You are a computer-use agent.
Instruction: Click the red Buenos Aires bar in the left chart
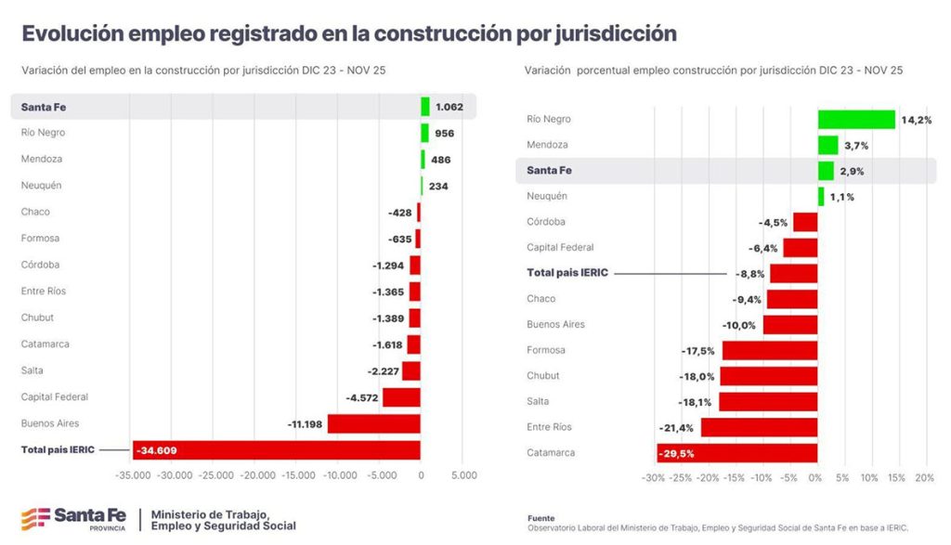click(x=373, y=423)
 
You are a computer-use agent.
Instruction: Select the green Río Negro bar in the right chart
click(x=856, y=119)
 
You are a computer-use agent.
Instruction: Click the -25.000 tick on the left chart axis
click(x=216, y=475)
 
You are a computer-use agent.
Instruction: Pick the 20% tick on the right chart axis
click(x=924, y=478)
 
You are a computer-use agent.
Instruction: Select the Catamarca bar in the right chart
click(x=737, y=453)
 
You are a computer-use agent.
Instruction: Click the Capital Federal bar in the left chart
click(x=401, y=397)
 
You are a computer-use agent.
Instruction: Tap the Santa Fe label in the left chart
click(x=44, y=107)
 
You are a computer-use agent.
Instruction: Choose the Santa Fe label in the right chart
click(x=549, y=171)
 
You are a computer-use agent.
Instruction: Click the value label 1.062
click(x=449, y=107)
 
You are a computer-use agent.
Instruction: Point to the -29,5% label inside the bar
click(x=676, y=453)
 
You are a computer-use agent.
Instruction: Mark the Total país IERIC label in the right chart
click(x=567, y=273)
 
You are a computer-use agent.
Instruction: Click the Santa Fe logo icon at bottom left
click(x=35, y=518)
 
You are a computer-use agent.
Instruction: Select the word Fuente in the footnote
click(x=541, y=518)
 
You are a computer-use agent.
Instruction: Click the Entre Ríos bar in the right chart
click(x=759, y=427)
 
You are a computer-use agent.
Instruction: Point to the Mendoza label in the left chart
click(x=43, y=159)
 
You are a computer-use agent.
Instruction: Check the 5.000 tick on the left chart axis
click(x=463, y=475)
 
